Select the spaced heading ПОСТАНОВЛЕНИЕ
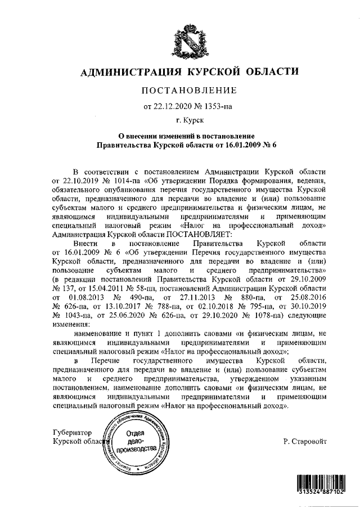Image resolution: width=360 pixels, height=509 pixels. point(189,91)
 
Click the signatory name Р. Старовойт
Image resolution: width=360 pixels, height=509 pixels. point(305,442)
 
